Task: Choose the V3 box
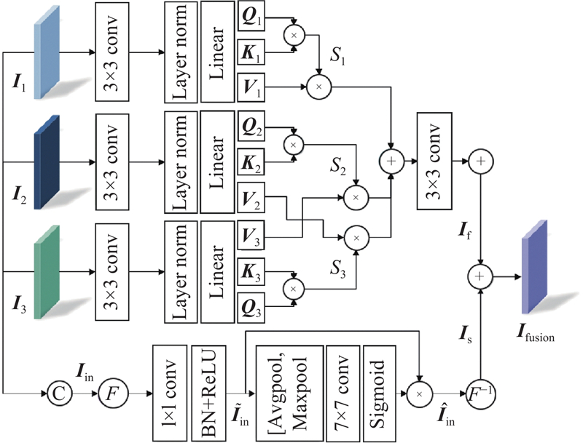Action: coord(251,234)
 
